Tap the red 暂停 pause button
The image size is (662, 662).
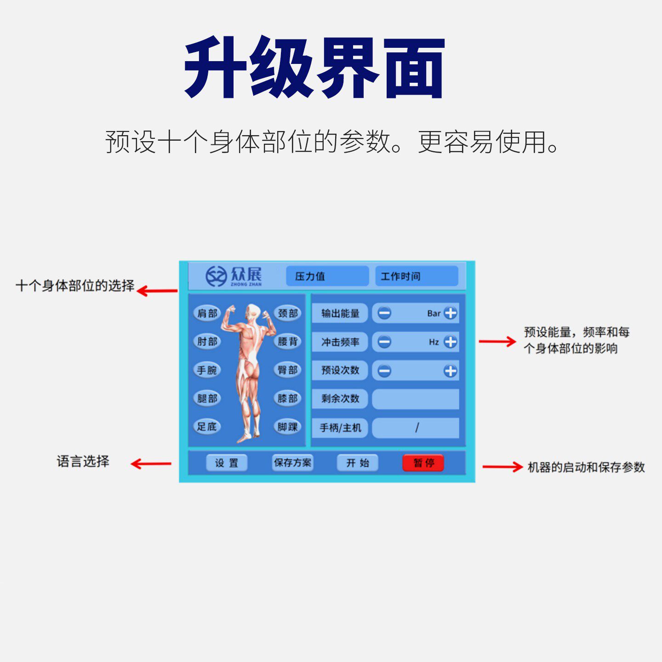[423, 462]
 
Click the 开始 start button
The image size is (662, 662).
[357, 462]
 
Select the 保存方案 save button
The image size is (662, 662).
[292, 462]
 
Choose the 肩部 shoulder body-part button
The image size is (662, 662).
[207, 314]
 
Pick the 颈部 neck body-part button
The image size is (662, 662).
[288, 314]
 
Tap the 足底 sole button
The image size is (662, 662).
[207, 427]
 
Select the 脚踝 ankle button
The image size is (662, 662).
[288, 427]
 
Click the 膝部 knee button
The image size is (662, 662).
[288, 398]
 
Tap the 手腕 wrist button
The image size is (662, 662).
[207, 370]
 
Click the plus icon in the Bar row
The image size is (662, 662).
[451, 314]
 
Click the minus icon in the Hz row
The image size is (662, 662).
[384, 342]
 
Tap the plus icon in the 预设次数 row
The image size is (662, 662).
[451, 371]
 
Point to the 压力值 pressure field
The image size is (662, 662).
[327, 276]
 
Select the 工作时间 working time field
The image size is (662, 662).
[417, 276]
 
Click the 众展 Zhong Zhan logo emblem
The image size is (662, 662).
[216, 276]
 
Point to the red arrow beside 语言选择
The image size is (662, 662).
[151, 463]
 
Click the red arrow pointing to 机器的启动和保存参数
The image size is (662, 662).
[502, 467]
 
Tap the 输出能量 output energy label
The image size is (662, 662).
[340, 314]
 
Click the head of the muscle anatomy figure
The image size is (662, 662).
[252, 310]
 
